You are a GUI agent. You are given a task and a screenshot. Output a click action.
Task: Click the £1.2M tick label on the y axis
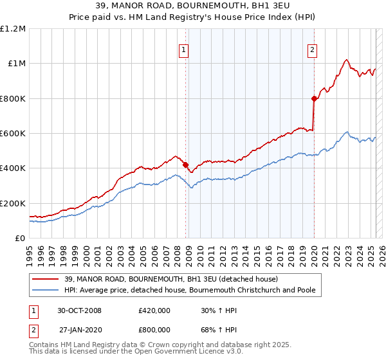[13, 29]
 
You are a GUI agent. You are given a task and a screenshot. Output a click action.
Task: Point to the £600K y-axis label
[13, 134]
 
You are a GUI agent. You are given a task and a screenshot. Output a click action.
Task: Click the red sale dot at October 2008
[185, 165]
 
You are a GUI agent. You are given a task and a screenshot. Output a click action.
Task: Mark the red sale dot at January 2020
[314, 98]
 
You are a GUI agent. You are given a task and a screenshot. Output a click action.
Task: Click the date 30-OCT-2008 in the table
[79, 310]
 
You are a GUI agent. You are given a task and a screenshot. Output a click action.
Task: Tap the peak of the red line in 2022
[346, 60]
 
